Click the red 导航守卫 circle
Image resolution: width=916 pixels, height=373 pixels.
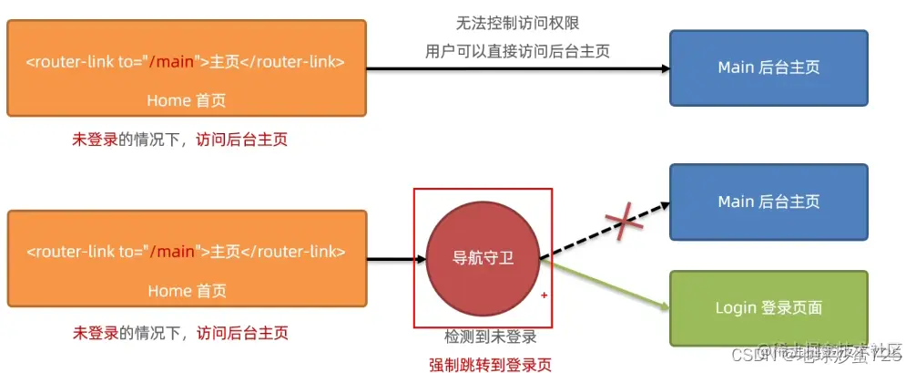tap(483, 258)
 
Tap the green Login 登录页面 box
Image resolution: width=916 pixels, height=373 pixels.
tap(769, 307)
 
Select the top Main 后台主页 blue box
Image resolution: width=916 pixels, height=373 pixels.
tap(769, 67)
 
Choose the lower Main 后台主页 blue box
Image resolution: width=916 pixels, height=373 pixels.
tap(769, 202)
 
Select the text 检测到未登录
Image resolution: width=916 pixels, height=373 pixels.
tap(491, 337)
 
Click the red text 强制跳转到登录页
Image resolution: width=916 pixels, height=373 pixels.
tap(491, 365)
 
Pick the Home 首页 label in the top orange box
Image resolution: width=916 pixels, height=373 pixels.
tap(187, 99)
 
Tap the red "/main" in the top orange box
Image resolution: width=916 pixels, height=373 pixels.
tap(173, 62)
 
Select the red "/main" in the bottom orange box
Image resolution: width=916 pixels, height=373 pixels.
tap(173, 252)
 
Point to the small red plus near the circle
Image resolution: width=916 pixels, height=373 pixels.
tap(545, 295)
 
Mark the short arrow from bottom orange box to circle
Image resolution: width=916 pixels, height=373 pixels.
tap(396, 258)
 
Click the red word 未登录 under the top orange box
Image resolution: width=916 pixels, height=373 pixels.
tap(96, 140)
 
